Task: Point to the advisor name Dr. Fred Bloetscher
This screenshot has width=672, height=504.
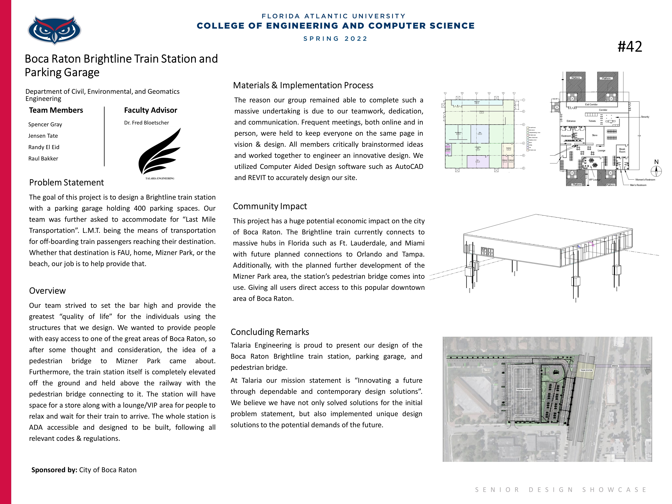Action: pos(146,123)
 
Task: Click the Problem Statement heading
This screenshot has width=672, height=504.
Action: pos(66,183)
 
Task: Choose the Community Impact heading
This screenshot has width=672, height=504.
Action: pos(270,206)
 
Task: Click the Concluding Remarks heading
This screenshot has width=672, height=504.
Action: pos(270,332)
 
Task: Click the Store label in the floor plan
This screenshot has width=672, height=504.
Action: pos(595,135)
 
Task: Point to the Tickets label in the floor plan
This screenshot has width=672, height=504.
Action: pos(592,121)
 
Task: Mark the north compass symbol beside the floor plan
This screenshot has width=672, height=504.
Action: pos(656,171)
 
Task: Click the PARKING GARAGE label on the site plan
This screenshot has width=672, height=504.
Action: pos(524,390)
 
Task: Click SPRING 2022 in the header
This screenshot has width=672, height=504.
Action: pos(335,39)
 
